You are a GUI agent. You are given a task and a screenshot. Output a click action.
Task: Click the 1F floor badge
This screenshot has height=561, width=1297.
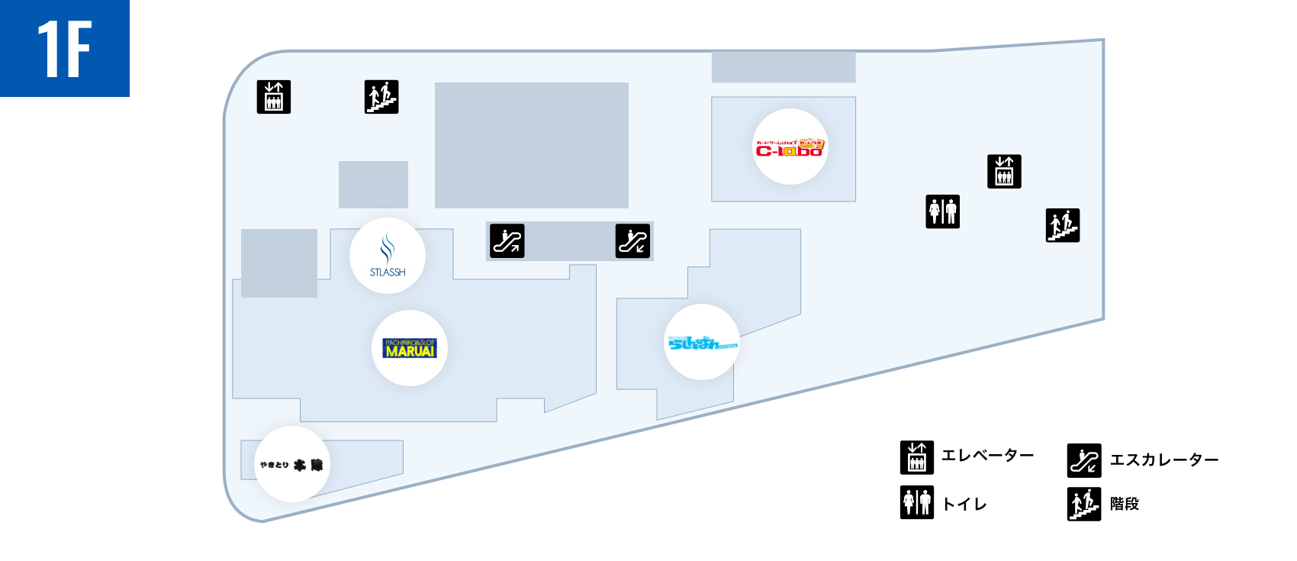pos(65,48)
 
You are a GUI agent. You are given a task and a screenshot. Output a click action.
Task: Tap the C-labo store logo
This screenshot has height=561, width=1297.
pos(790,147)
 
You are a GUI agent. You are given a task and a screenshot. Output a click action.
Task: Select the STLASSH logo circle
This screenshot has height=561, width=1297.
pos(388,256)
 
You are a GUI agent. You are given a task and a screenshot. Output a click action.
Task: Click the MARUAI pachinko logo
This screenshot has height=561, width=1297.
pos(410,348)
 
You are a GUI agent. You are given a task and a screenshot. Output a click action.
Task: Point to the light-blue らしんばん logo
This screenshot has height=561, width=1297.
pos(702,342)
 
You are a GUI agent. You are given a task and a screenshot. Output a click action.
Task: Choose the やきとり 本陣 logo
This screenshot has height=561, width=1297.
pos(291,464)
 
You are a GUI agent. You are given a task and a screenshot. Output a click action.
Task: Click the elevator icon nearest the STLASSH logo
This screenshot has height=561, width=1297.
pos(274,97)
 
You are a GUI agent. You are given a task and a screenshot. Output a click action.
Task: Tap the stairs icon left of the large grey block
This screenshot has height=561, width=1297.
pos(381,97)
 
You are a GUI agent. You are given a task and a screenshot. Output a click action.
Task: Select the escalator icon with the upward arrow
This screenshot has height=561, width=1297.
pos(507,241)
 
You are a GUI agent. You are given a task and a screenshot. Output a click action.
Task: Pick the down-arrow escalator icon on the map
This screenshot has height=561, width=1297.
pos(632,241)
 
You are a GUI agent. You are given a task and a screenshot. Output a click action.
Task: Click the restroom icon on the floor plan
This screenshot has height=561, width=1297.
pos(943,211)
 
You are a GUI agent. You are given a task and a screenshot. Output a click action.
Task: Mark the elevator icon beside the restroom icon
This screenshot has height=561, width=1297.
pos(1004,171)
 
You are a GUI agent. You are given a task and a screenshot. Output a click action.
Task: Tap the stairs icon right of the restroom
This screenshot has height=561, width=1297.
pos(1063,225)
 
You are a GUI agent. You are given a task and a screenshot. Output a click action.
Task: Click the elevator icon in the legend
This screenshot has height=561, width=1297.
pos(917,457)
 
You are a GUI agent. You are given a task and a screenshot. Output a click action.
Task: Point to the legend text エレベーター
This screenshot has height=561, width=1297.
pos(987,456)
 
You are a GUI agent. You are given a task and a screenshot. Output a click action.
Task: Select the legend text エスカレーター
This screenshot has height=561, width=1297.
pos(1163,459)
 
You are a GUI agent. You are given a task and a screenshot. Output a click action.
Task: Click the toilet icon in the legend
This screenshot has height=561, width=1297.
pos(917,502)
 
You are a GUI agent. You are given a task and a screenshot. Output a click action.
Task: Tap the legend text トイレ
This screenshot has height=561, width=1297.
pos(964,504)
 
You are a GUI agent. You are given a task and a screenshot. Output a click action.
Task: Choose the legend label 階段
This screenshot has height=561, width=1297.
pos(1124,504)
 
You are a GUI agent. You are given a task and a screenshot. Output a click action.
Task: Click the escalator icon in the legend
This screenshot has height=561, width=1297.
pos(1084,459)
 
